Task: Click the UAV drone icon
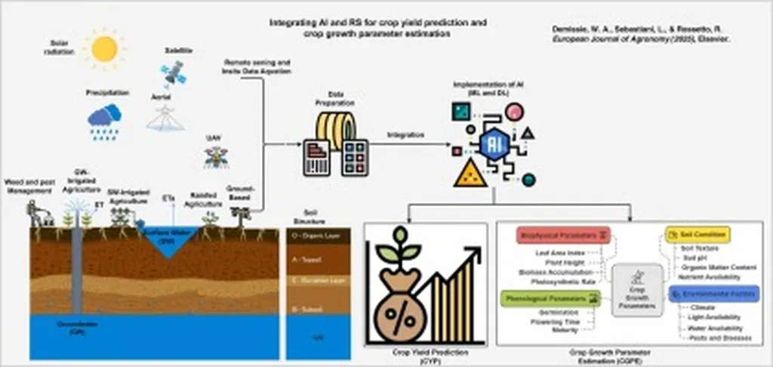216,157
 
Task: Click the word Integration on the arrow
405,134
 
